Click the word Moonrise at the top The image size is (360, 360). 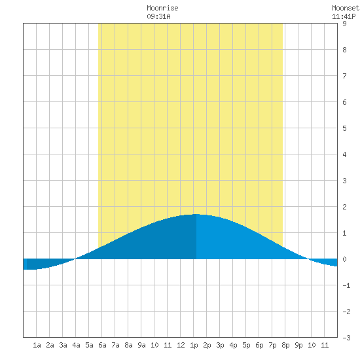coord(162,8)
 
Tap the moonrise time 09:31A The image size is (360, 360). coord(158,16)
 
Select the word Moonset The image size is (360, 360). coord(346,8)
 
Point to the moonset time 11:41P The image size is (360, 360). coord(344,16)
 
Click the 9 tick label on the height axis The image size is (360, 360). coord(344,24)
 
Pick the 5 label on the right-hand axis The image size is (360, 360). coord(344,128)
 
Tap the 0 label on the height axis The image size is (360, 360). coord(344,259)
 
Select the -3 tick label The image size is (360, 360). coord(346,338)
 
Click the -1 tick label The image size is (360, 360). coord(346,285)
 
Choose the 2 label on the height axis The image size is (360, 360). coord(344,207)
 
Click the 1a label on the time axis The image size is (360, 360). coord(37,345)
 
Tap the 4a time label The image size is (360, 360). coord(76,345)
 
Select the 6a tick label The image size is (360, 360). coord(102,345)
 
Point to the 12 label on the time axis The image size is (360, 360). coord(181,345)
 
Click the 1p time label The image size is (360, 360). coord(194,345)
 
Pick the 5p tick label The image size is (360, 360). coord(246,345)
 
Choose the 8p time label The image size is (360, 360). coord(285,345)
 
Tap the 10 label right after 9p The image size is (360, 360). coord(312,345)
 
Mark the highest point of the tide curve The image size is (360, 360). coord(196,214)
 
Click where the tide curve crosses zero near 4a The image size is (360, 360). coord(75,259)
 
